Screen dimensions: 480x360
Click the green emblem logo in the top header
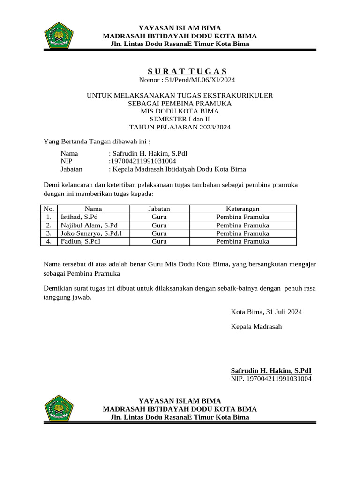(x=59, y=35)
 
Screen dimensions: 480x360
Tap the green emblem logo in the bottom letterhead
(x=59, y=408)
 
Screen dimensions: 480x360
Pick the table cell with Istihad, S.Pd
(x=79, y=217)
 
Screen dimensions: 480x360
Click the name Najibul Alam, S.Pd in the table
(x=88, y=225)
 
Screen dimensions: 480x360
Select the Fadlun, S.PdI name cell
(x=80, y=241)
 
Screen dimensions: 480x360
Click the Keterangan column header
(x=242, y=209)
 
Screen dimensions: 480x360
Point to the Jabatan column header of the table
(x=159, y=209)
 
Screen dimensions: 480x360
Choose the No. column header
(x=49, y=209)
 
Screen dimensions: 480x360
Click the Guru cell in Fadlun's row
(x=159, y=241)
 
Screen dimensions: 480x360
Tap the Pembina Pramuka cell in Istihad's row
(x=242, y=217)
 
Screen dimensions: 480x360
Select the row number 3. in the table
(x=49, y=233)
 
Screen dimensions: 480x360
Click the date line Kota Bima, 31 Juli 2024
(x=266, y=312)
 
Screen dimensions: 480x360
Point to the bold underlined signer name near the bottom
(x=271, y=370)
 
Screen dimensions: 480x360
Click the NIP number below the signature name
(x=271, y=379)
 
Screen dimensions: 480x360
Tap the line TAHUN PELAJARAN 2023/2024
(x=180, y=127)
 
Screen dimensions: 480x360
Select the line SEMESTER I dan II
(x=180, y=119)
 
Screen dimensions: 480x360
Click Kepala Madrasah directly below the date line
(x=256, y=326)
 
